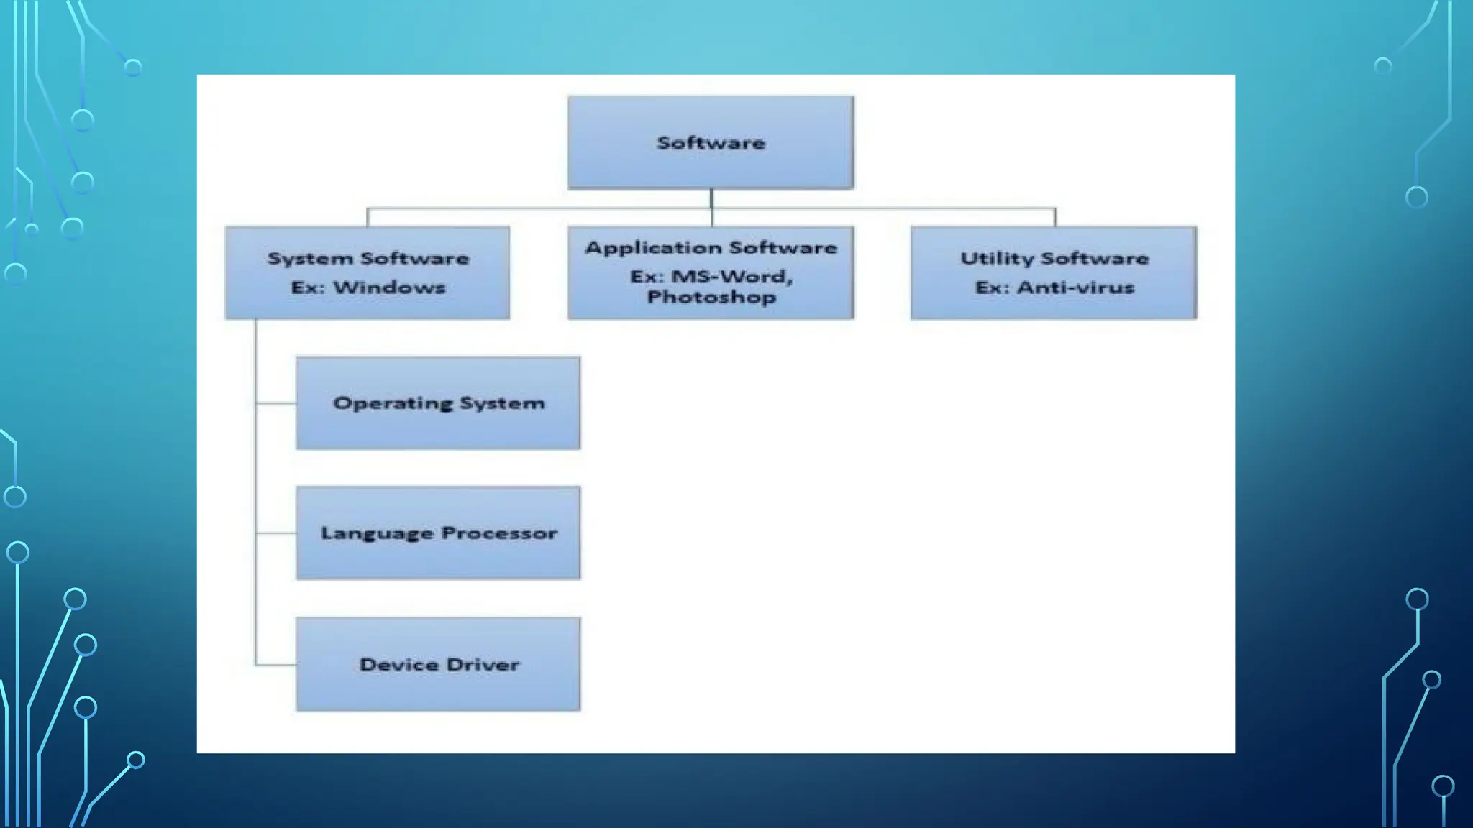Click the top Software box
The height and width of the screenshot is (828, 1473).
click(x=711, y=142)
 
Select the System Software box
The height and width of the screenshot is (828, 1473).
click(x=368, y=272)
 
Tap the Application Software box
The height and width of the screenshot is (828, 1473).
click(x=711, y=272)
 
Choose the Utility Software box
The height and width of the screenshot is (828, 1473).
click(x=1054, y=272)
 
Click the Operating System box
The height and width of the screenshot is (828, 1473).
click(x=438, y=403)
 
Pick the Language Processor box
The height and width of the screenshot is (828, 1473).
click(x=438, y=533)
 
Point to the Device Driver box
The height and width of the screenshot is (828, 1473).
click(x=438, y=664)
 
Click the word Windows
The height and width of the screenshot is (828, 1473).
click(x=389, y=287)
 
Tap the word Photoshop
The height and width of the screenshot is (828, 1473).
click(x=711, y=297)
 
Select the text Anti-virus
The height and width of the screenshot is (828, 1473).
click(x=1075, y=287)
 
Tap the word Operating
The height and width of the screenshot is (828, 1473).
click(x=393, y=404)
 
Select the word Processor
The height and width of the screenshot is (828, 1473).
click(x=499, y=533)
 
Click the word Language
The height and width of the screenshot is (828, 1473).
click(x=377, y=534)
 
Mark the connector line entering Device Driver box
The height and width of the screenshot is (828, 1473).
click(x=275, y=665)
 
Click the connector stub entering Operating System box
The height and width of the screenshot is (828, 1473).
click(x=275, y=403)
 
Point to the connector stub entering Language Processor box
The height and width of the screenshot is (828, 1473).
click(x=275, y=533)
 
